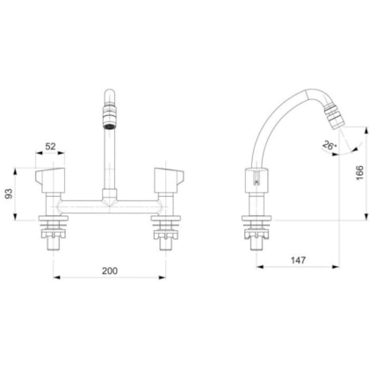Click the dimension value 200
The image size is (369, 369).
[x=109, y=271]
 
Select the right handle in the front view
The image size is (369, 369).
[x=164, y=178]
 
